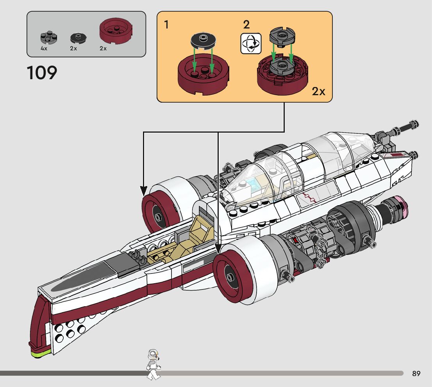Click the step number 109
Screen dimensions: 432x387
pos(42,73)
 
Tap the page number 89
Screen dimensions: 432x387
pos(416,373)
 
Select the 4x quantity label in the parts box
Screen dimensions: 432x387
pos(44,48)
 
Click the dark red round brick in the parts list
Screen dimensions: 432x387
pos(116,30)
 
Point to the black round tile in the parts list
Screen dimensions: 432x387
pos(78,38)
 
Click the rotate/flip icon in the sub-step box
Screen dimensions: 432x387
pos(251,43)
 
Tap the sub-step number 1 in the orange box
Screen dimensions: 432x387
pos(166,25)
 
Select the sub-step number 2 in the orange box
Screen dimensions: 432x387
pos(246,25)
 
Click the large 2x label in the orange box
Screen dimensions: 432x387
pos(318,91)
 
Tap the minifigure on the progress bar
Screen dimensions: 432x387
pos(153,364)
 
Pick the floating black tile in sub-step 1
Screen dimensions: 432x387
pos(203,41)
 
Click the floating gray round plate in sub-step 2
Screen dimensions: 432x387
pos(282,37)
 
